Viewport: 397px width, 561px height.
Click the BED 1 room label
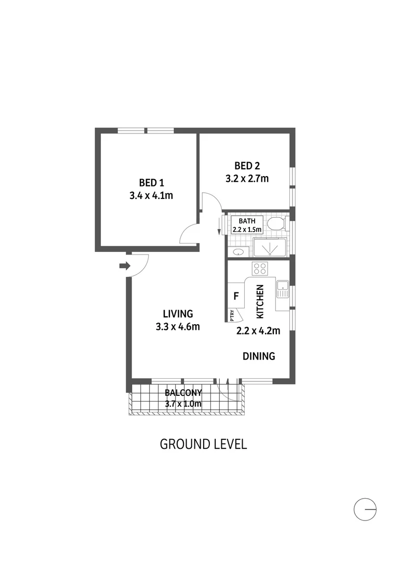click(x=152, y=182)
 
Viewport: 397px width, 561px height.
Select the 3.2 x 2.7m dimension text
click(x=247, y=179)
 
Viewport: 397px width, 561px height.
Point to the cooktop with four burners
click(x=260, y=269)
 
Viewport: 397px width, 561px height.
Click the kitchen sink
click(x=283, y=289)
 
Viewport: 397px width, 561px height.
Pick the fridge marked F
click(x=236, y=297)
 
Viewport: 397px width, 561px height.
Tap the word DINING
click(x=258, y=356)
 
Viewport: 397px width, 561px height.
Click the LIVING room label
click(x=178, y=314)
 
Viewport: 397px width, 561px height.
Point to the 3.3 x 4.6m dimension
click(x=178, y=327)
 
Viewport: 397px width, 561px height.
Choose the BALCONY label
click(x=183, y=393)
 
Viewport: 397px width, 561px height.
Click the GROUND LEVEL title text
click(x=203, y=444)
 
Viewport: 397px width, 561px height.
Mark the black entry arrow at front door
click(x=124, y=266)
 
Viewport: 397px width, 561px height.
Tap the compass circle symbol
click(x=365, y=509)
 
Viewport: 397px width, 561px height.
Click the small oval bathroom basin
click(x=238, y=252)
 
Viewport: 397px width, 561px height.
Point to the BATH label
click(x=247, y=221)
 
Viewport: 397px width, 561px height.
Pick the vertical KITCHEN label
click(x=260, y=301)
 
